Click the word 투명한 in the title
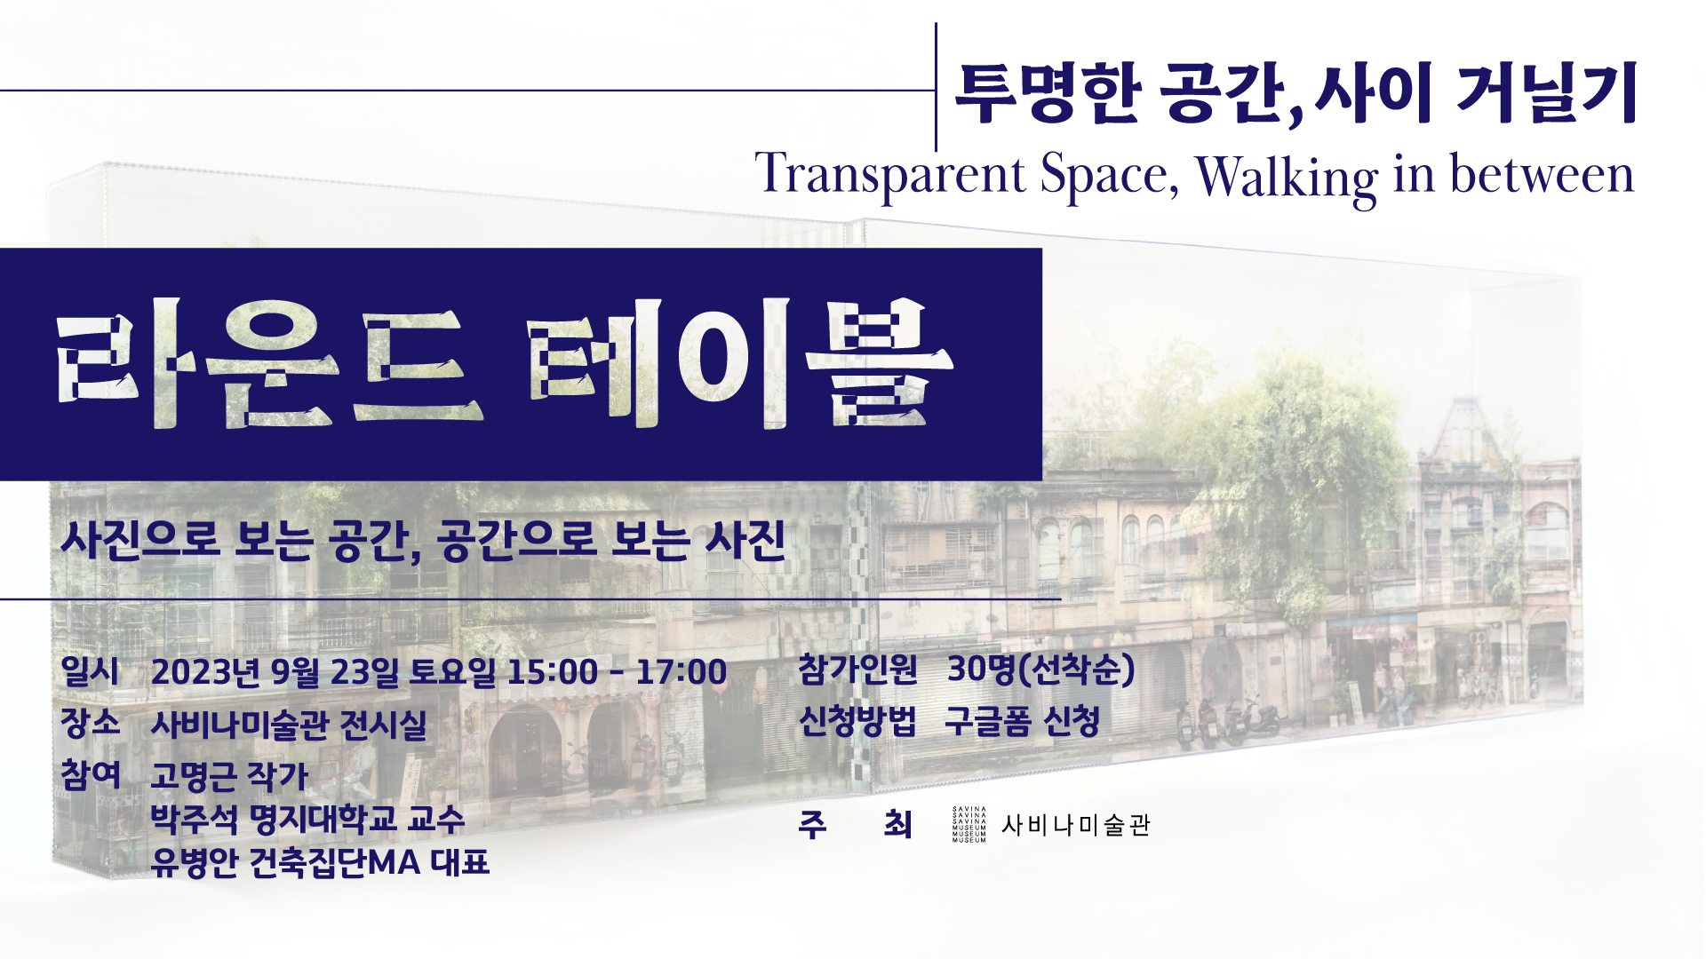point(1048,92)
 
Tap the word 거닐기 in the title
point(1547,92)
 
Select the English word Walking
point(1287,177)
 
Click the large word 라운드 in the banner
point(270,365)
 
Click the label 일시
point(89,671)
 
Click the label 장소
point(90,723)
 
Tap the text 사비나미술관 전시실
point(289,725)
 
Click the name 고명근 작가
point(229,776)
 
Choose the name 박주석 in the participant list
point(194,819)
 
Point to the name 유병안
point(194,861)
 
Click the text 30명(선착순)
point(1041,669)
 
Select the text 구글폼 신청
point(1023,720)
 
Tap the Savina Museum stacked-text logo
point(969,824)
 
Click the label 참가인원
point(857,669)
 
